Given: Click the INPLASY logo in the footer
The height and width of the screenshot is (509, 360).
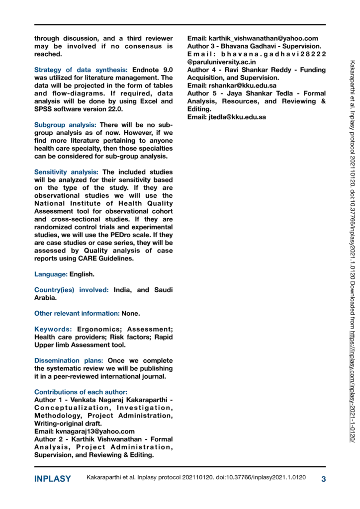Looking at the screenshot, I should coord(53,479).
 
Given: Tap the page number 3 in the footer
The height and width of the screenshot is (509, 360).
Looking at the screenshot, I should coord(324,479).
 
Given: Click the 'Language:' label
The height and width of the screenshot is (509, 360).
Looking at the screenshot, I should coord(51,274).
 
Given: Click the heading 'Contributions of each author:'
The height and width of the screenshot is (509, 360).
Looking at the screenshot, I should coord(81,392).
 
